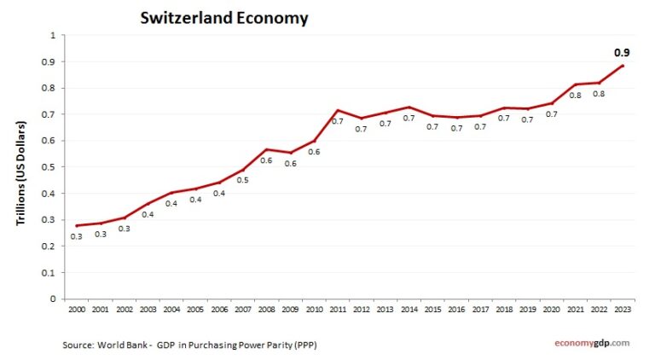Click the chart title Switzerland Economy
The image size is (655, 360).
pos(224,17)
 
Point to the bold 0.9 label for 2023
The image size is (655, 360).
pos(623,53)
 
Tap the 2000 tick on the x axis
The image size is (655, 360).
pos(77,309)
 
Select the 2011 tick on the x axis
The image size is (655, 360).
pos(337,309)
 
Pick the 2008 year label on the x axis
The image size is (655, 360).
pos(266,309)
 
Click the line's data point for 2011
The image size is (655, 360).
pos(338,110)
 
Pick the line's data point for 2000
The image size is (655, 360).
pos(77,225)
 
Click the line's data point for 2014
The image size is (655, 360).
pos(409,107)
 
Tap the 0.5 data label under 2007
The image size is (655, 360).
pos(242,180)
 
